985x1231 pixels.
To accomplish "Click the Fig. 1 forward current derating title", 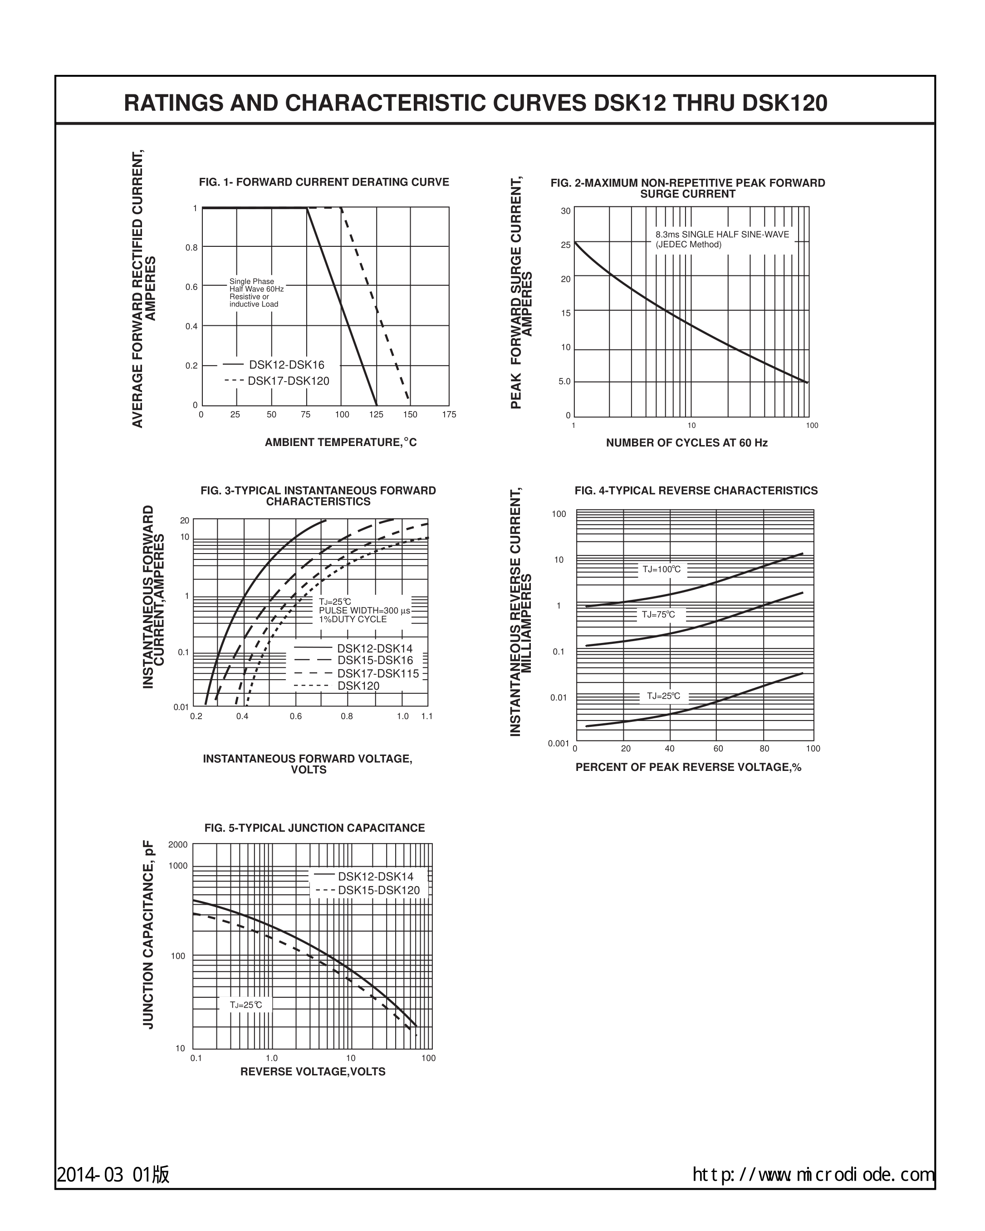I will [324, 182].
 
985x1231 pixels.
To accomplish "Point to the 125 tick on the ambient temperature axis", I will [376, 415].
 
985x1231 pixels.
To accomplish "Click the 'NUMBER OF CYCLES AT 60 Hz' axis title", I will [686, 442].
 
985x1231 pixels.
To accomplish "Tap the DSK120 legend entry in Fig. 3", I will [358, 686].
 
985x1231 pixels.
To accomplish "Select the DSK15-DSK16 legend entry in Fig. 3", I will [375, 661].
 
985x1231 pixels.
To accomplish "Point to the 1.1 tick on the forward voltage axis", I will [426, 716].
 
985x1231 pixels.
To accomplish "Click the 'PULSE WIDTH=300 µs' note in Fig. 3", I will [364, 610].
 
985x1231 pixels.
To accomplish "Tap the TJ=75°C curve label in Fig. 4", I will [658, 614].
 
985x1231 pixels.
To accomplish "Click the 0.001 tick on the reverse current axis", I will [558, 743].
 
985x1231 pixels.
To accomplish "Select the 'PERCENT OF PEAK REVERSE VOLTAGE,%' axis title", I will [688, 767].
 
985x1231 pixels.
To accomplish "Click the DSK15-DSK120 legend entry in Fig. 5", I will [378, 890].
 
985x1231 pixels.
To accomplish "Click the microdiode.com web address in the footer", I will [813, 1174].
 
